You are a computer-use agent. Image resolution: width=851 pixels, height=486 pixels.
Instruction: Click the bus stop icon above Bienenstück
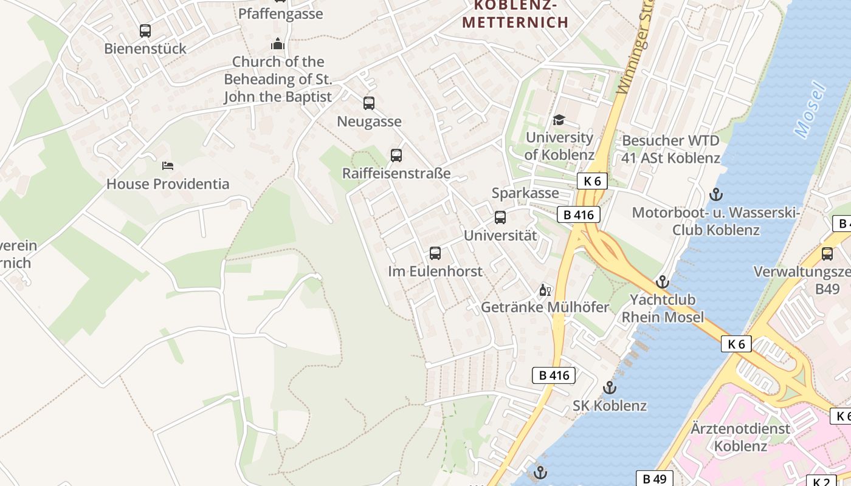click(145, 31)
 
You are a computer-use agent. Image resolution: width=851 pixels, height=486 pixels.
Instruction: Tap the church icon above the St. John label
click(278, 44)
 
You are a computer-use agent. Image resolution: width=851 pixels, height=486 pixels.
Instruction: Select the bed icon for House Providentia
click(168, 165)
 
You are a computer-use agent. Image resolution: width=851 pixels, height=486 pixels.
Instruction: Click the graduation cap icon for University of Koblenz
click(559, 120)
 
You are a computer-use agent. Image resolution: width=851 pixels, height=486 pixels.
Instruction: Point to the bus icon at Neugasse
click(369, 103)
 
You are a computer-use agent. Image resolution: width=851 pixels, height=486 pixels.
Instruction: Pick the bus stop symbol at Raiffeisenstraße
click(396, 156)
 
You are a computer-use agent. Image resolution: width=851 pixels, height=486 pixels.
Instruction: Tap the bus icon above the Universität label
click(500, 217)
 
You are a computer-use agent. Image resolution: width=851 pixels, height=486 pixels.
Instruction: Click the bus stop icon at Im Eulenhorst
click(435, 253)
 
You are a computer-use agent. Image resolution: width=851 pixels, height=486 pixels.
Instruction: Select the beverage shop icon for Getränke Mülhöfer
click(545, 290)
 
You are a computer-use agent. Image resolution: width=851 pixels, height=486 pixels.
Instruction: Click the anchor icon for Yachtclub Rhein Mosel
click(662, 282)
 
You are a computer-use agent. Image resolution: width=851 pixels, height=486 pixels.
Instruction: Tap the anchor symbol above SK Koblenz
click(610, 388)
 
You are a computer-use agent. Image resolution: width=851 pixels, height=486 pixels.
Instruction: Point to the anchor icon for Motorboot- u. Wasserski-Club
click(716, 195)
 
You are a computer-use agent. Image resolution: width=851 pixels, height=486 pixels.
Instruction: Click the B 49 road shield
click(654, 479)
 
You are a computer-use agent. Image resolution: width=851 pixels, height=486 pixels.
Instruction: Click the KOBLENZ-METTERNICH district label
click(515, 14)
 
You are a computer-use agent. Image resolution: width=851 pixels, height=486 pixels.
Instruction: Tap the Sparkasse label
click(525, 193)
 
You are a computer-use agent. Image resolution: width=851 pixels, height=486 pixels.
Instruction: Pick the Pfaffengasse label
click(280, 13)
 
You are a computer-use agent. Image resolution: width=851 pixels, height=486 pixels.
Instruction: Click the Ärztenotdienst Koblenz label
click(740, 437)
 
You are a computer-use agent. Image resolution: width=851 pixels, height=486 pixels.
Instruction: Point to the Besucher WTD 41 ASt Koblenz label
click(670, 149)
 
